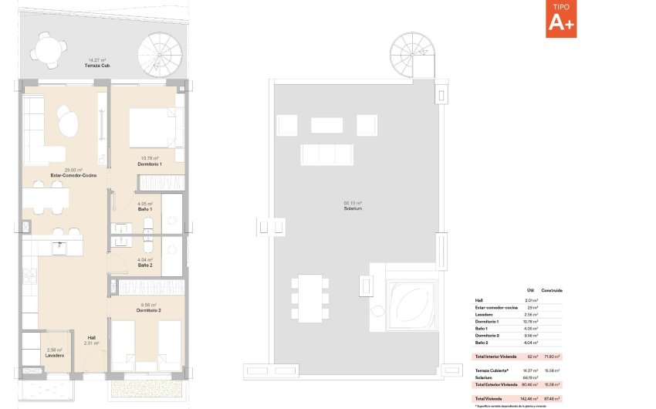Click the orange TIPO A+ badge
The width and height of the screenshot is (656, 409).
tap(561, 19)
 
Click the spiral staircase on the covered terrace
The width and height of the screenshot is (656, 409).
tap(159, 55)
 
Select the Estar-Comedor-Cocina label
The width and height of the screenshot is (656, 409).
tap(74, 175)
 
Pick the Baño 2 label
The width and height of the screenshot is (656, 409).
tap(145, 265)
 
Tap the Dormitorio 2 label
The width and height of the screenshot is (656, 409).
tap(149, 309)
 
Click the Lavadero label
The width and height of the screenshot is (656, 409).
tap(53, 356)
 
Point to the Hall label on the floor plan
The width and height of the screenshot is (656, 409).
tap(91, 337)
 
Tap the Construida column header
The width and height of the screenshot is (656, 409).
tap(551, 290)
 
